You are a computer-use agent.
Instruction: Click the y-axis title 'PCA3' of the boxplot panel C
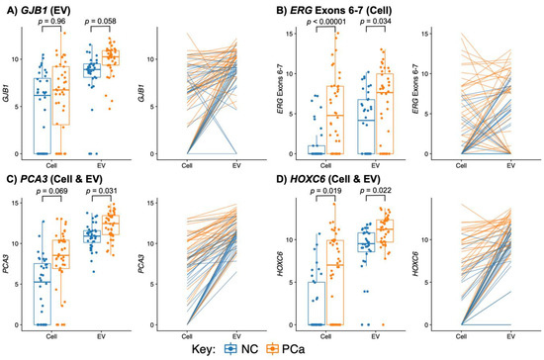(7, 263)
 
